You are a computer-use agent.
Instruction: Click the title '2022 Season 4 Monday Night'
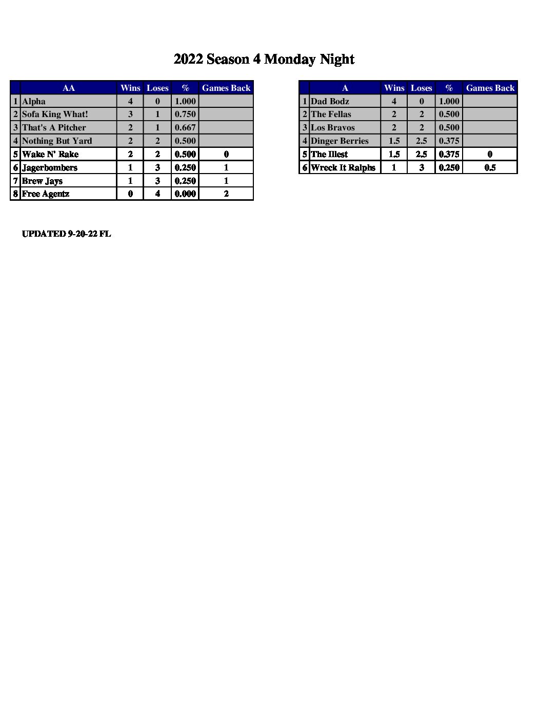(x=264, y=60)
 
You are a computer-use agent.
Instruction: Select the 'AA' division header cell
(x=68, y=88)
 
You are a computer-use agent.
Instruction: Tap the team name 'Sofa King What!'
(x=55, y=114)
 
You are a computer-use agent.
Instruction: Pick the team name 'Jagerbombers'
(x=50, y=167)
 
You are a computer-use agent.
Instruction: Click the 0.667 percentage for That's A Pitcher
(x=185, y=127)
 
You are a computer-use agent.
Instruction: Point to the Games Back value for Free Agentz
(x=226, y=194)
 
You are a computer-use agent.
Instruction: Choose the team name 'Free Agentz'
(x=46, y=194)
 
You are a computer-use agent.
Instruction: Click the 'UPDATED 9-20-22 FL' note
(x=66, y=234)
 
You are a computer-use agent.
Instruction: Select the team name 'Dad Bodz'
(x=330, y=101)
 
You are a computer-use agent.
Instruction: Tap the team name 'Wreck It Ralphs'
(x=343, y=167)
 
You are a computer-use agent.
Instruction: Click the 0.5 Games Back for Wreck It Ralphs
(x=490, y=167)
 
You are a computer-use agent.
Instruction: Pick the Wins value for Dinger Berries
(x=394, y=141)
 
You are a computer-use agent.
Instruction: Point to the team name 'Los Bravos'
(x=333, y=127)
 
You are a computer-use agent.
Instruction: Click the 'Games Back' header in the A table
(x=490, y=88)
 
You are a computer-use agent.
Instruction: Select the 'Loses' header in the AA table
(x=157, y=88)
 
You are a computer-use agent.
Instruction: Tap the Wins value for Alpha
(x=130, y=101)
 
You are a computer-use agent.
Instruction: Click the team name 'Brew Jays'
(x=42, y=181)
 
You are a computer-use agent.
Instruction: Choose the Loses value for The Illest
(x=421, y=154)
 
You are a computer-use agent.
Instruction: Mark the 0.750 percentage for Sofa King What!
(x=185, y=114)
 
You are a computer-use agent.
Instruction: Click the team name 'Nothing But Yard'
(x=57, y=141)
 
